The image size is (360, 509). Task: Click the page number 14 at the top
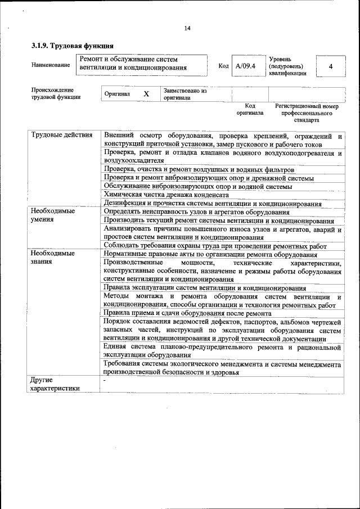coord(187,29)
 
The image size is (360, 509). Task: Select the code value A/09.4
coord(245,66)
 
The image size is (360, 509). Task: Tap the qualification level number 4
coord(331,66)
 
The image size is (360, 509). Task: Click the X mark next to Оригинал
coord(146,94)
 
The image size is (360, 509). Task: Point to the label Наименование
coord(51,65)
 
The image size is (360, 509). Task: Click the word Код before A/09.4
coord(223,66)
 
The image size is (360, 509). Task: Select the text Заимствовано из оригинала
coord(186,94)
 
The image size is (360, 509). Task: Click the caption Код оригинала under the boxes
coord(250,109)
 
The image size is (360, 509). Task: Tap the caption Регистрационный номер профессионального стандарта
coord(307,112)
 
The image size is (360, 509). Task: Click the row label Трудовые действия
coord(62,136)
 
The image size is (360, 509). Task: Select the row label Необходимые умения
coord(53,215)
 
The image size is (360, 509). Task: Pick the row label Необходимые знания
coord(53,258)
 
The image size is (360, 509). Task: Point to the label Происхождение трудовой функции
coord(56,93)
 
